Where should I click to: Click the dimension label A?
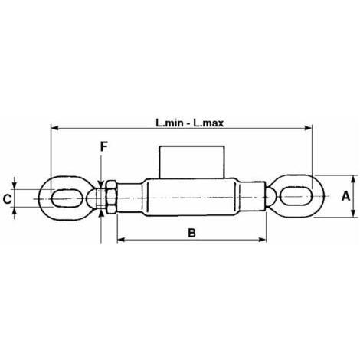[x=345, y=196]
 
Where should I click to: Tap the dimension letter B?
[x=191, y=233]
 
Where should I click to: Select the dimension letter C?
[x=7, y=199]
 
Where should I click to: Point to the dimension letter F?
[x=103, y=146]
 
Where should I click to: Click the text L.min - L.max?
[x=190, y=123]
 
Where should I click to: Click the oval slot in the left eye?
[x=67, y=198]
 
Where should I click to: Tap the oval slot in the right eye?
[x=296, y=196]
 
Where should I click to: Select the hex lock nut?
[x=111, y=197]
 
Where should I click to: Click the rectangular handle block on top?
[x=191, y=162]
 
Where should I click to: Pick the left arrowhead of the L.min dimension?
[x=54, y=128]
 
